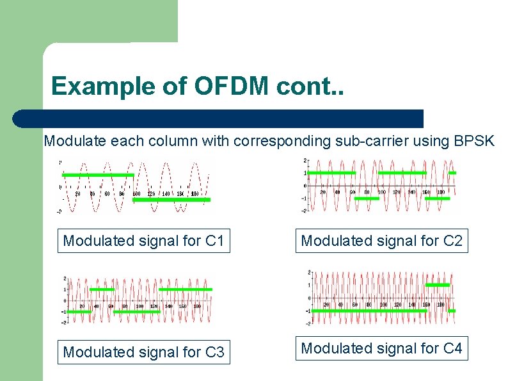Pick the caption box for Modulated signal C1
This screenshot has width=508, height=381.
click(144, 241)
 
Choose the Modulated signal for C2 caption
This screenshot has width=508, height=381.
click(381, 241)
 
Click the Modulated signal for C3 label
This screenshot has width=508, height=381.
click(144, 352)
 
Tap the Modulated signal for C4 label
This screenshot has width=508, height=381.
click(381, 348)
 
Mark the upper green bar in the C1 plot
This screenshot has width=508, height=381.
click(98, 174)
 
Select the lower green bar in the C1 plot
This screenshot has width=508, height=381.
click(171, 200)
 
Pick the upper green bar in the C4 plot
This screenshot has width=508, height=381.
click(438, 284)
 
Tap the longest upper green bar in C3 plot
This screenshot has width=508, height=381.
click(185, 289)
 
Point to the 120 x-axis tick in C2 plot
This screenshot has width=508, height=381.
click(396, 191)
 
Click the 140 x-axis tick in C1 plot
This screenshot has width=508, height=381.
click(166, 193)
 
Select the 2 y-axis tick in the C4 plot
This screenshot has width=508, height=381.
click(309, 272)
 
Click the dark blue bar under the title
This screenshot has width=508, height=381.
click(218, 118)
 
